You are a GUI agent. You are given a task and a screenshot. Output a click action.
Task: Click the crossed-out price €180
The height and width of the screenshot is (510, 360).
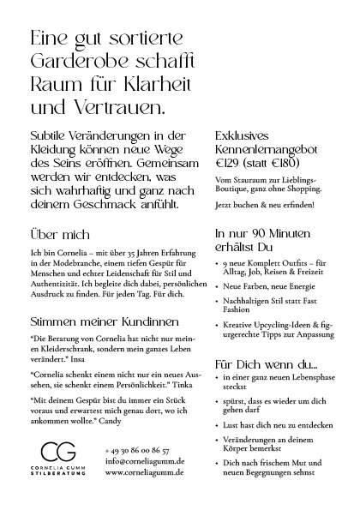point(286,161)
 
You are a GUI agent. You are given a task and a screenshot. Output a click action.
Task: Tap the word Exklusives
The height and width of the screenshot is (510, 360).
point(243,135)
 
